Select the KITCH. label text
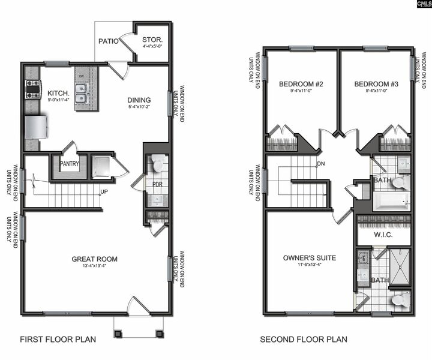58,94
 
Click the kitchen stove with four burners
32,90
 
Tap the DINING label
139,100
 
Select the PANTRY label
70,162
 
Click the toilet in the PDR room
158,164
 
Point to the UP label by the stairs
104,193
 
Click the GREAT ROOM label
95,259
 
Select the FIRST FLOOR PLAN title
58,340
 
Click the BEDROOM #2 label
301,84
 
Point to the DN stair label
321,164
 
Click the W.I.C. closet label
383,235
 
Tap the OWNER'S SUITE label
310,258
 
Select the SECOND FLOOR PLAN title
303,340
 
